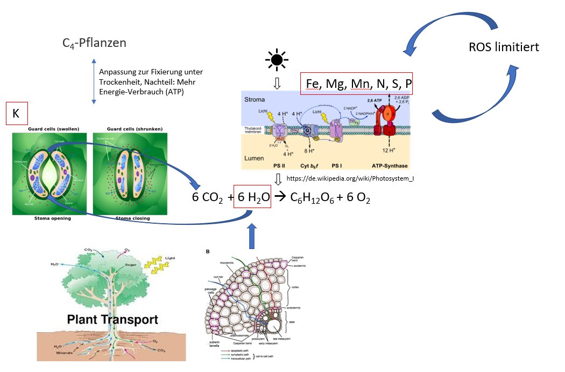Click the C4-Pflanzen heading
94,42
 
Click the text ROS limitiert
504,47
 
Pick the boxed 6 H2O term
252,198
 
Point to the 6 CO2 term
208,198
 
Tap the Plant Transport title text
112,319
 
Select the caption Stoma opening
45,218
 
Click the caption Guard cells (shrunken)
128,129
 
